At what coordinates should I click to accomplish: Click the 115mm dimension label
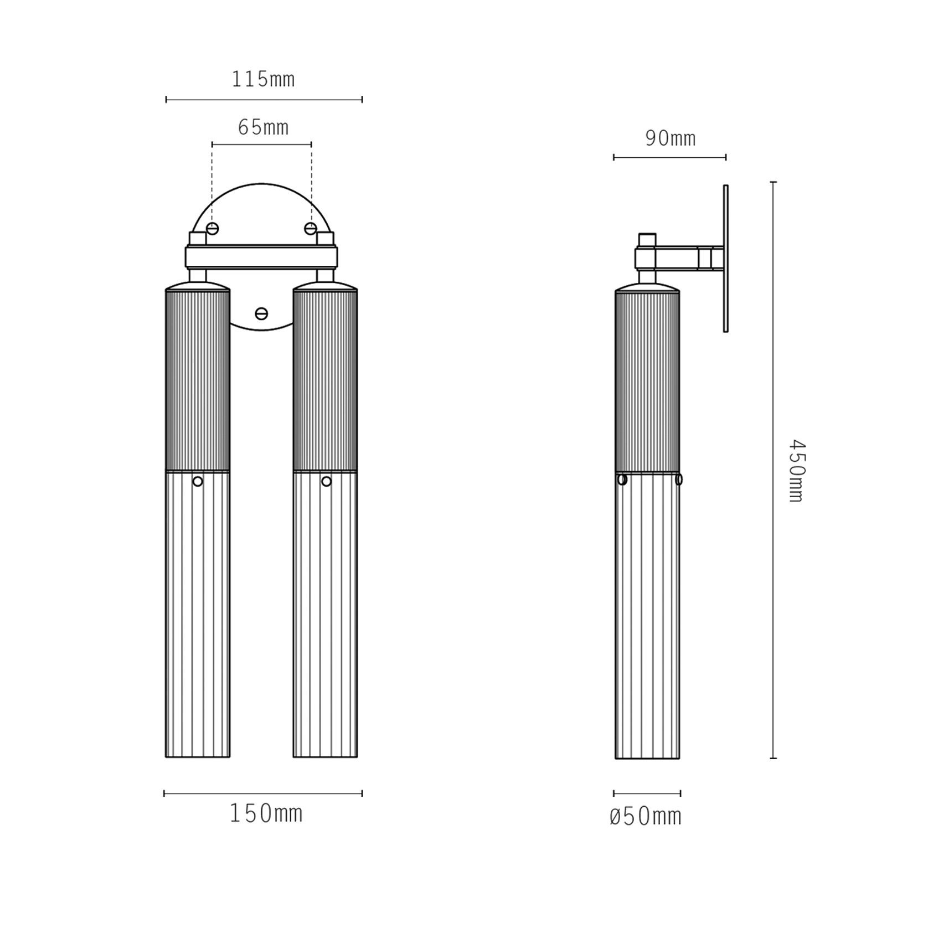[x=263, y=80]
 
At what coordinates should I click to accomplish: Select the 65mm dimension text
[x=263, y=128]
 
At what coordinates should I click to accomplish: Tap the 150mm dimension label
[x=266, y=814]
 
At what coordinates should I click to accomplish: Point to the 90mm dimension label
[x=670, y=138]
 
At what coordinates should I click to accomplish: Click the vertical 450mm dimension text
[x=796, y=471]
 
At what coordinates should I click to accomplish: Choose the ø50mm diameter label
[x=646, y=817]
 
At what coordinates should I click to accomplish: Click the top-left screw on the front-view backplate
[x=212, y=229]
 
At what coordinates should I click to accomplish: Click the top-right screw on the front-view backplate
[x=311, y=229]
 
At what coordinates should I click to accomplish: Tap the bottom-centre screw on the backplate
[x=261, y=314]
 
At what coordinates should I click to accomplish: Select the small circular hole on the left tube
[x=198, y=482]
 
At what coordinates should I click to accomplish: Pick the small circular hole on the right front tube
[x=326, y=482]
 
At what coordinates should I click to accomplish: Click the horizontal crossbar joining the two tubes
[x=261, y=257]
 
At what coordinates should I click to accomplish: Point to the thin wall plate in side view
[x=725, y=259]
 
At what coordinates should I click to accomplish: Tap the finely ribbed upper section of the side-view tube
[x=647, y=382]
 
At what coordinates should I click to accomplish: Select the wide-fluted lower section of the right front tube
[x=325, y=615]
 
